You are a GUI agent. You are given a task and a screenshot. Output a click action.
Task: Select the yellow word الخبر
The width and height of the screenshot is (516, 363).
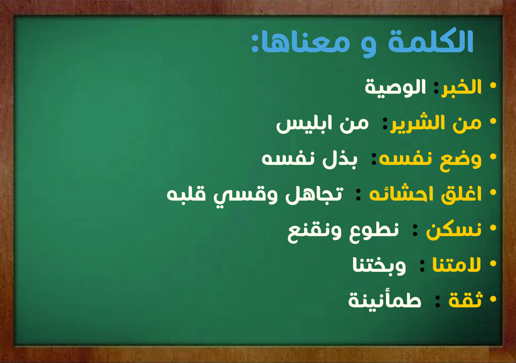(461, 87)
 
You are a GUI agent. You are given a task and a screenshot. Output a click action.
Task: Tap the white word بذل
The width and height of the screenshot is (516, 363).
(339, 159)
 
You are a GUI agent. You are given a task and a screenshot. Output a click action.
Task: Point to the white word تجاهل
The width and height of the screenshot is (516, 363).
(314, 194)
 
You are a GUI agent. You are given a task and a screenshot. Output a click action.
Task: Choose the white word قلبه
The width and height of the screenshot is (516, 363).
(187, 194)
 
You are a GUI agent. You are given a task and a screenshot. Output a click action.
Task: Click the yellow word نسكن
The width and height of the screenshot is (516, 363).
(454, 230)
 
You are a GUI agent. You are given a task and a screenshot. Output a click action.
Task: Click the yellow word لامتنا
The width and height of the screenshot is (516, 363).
(456, 264)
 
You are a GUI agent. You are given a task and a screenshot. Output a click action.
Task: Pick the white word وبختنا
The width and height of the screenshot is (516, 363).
(379, 265)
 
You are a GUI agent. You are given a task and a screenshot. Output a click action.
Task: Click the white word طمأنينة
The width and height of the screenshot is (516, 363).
(385, 300)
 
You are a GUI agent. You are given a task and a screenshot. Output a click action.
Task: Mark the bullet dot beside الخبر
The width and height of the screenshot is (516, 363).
(493, 85)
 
